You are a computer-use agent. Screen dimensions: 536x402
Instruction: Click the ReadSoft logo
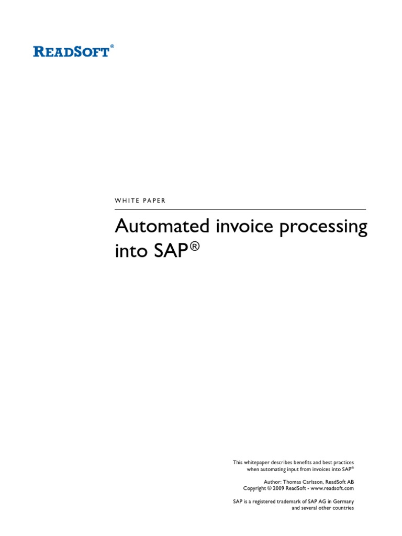tap(72, 51)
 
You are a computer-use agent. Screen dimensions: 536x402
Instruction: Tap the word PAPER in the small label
tap(154, 200)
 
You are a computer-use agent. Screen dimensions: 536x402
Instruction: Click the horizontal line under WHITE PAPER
tap(240, 209)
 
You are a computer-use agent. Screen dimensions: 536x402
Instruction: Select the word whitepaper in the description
tap(259, 463)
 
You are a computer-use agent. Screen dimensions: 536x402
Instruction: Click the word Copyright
tap(255, 488)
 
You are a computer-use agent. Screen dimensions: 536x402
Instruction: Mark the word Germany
tap(343, 501)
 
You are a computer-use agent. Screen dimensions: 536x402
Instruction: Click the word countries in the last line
tap(343, 508)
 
